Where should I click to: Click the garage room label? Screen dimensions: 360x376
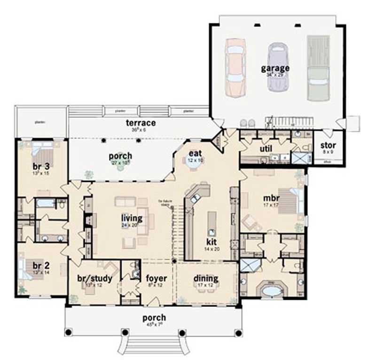275,68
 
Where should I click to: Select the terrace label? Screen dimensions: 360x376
140,123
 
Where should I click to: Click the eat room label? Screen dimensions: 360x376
195,153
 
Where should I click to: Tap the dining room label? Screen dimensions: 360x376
206,278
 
